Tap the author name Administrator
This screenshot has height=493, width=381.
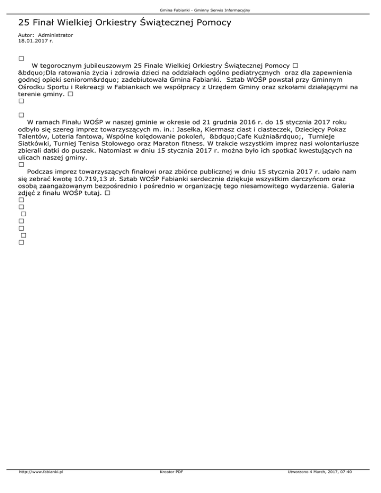(x=55, y=35)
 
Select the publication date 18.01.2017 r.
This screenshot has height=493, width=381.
(x=36, y=41)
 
